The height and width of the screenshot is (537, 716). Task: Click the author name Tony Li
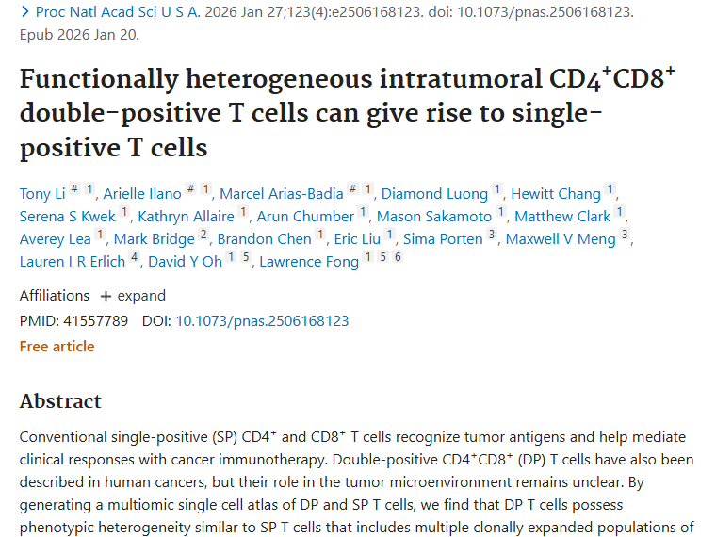coord(42,194)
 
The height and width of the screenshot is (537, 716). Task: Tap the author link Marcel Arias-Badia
coord(280,194)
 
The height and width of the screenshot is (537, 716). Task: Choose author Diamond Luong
coord(434,194)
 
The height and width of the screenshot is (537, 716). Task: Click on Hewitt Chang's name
coord(555,194)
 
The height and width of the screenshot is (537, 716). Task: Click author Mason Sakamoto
coord(434,217)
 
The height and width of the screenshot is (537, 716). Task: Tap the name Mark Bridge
coord(154,239)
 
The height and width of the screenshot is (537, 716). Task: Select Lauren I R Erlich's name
coord(73,262)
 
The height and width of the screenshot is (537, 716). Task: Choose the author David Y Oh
coord(185,262)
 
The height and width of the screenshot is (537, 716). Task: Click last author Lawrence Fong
coord(309,262)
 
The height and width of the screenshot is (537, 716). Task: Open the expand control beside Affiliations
coord(133,296)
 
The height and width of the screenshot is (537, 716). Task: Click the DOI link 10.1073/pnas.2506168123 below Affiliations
coord(262,321)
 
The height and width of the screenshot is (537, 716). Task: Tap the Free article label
coord(57,347)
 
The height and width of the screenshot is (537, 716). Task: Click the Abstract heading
coord(60,401)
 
